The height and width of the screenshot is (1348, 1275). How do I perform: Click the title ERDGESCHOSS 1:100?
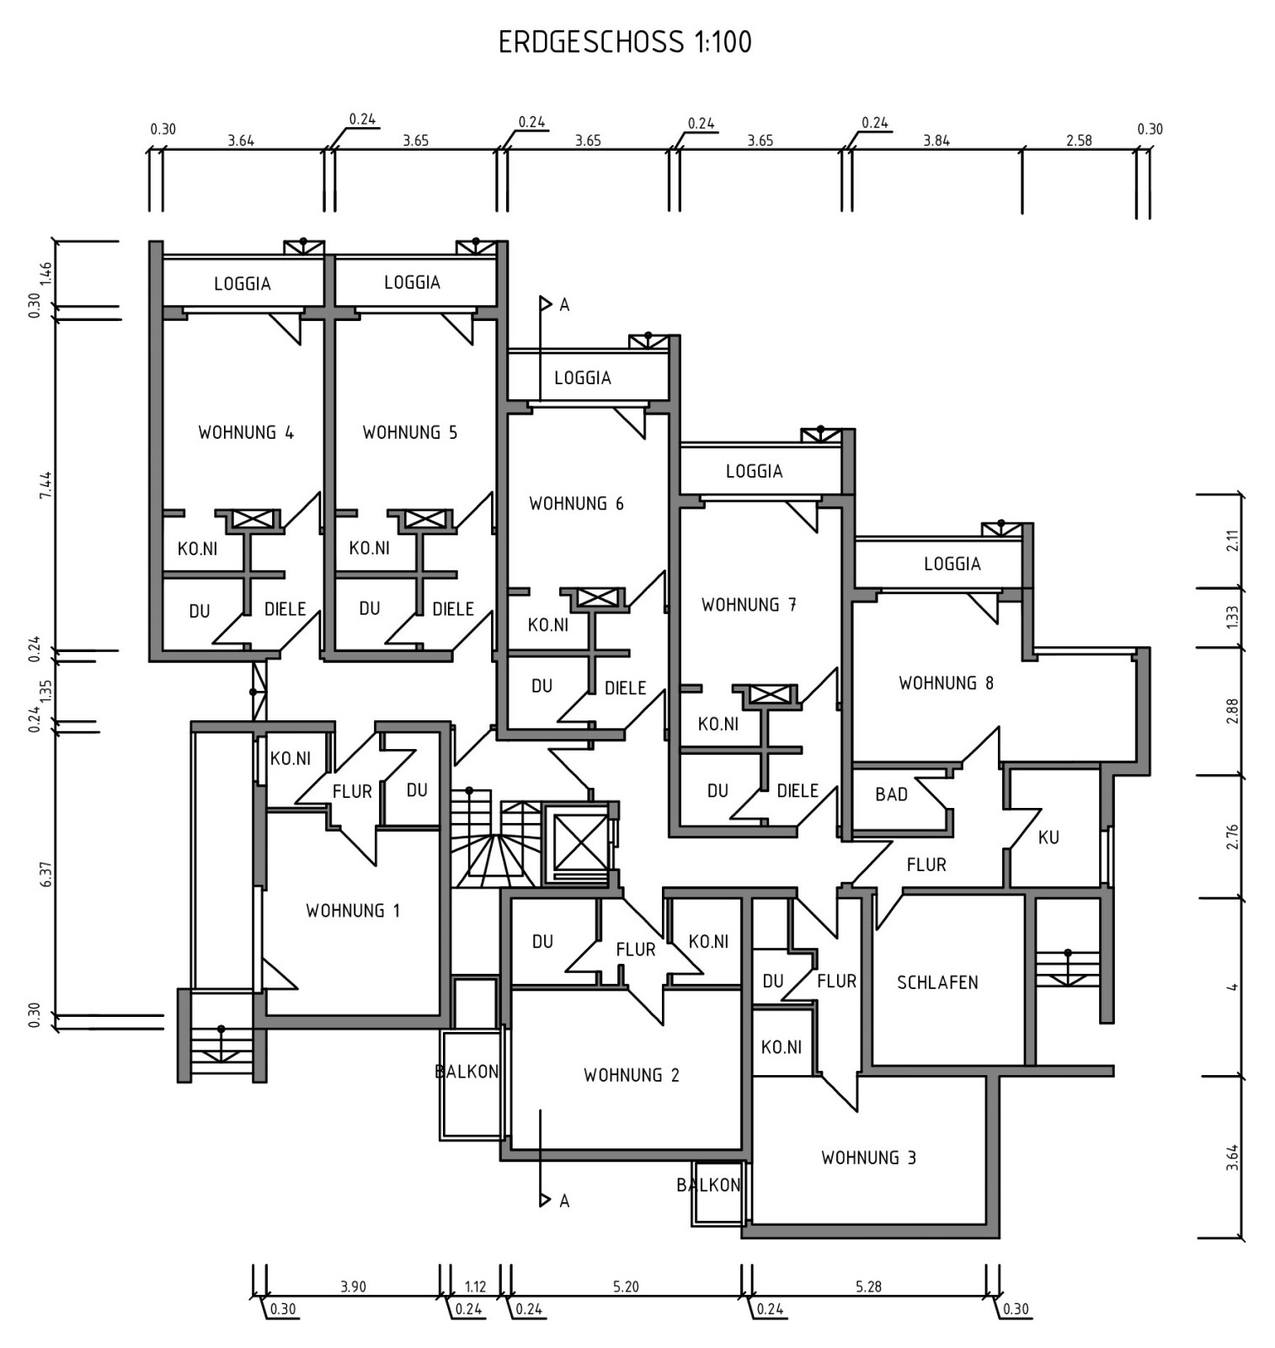(625, 42)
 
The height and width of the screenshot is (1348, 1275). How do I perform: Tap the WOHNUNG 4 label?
(246, 433)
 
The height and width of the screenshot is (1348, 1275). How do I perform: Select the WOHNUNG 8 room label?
(946, 683)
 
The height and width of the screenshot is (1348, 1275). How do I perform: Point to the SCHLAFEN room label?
(937, 982)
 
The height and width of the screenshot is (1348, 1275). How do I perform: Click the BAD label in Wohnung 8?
(891, 794)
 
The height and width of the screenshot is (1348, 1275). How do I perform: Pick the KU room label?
(1048, 837)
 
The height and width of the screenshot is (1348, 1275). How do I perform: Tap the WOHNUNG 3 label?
(868, 1158)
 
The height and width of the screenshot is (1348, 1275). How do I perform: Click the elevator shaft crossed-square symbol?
(577, 842)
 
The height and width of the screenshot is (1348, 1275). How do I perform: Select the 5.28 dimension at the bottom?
(868, 1286)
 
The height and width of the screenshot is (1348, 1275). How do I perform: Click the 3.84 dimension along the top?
(936, 141)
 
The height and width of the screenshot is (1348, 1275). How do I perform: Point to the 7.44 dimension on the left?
(46, 484)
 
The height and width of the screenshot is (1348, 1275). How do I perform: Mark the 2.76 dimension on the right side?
(1232, 836)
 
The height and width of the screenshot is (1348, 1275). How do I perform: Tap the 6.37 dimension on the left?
(46, 874)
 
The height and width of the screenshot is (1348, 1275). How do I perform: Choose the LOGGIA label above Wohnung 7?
(755, 472)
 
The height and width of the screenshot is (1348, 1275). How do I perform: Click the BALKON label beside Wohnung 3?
(708, 1185)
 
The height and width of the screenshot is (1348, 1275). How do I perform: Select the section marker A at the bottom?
(564, 1201)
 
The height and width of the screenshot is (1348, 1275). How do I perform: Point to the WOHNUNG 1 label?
(353, 911)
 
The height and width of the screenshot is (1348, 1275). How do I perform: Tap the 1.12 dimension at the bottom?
(475, 1286)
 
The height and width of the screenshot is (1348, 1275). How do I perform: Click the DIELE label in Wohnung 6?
(626, 688)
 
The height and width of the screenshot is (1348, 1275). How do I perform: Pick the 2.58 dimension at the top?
(1079, 141)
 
